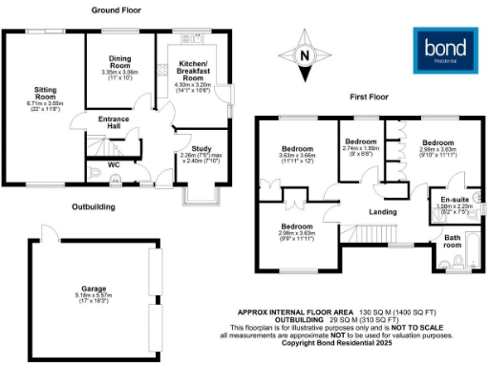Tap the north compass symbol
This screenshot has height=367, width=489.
(304, 56)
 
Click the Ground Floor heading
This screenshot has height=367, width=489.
(117, 10)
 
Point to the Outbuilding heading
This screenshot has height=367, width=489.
(93, 206)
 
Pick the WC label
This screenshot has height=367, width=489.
(114, 163)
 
